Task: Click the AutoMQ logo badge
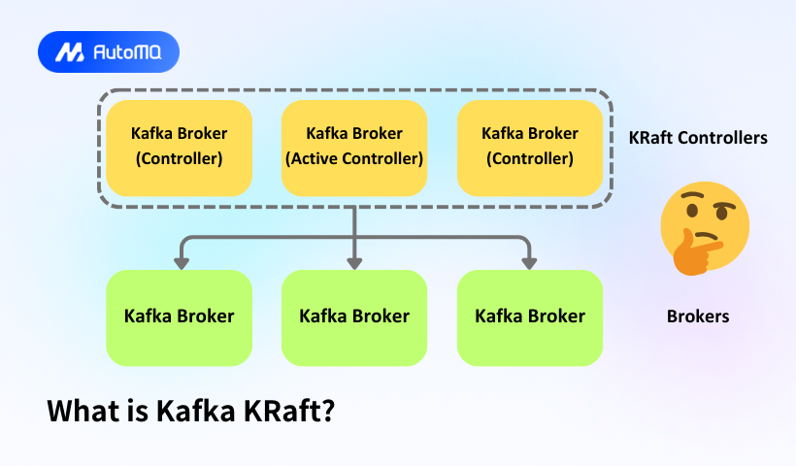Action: click(109, 52)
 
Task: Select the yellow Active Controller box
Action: click(354, 146)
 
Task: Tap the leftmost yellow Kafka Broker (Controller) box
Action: click(179, 146)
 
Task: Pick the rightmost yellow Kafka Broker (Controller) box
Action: click(529, 146)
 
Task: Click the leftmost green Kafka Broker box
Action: click(179, 316)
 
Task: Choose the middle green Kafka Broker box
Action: click(354, 316)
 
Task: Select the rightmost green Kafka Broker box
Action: click(529, 316)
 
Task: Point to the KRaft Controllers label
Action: click(698, 138)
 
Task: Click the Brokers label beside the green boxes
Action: click(698, 316)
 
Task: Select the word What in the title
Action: click(83, 411)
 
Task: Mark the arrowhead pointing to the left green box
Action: click(179, 262)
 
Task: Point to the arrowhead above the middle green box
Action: click(354, 262)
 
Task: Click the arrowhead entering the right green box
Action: click(529, 262)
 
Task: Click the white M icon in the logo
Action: click(69, 52)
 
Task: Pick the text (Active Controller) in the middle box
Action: click(354, 158)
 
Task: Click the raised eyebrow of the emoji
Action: click(691, 199)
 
